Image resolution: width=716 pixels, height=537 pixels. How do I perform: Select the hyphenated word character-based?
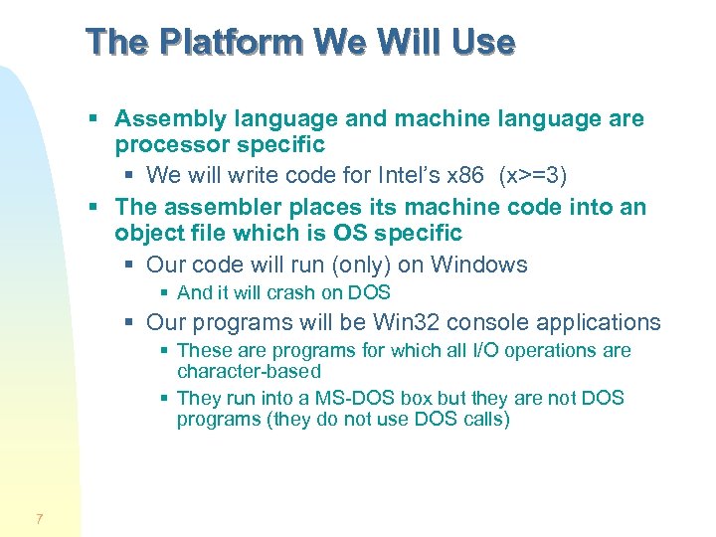[249, 371]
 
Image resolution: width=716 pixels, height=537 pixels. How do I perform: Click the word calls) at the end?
[486, 419]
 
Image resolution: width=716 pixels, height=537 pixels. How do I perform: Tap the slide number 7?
[39, 518]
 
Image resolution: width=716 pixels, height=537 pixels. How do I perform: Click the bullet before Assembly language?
[92, 119]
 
